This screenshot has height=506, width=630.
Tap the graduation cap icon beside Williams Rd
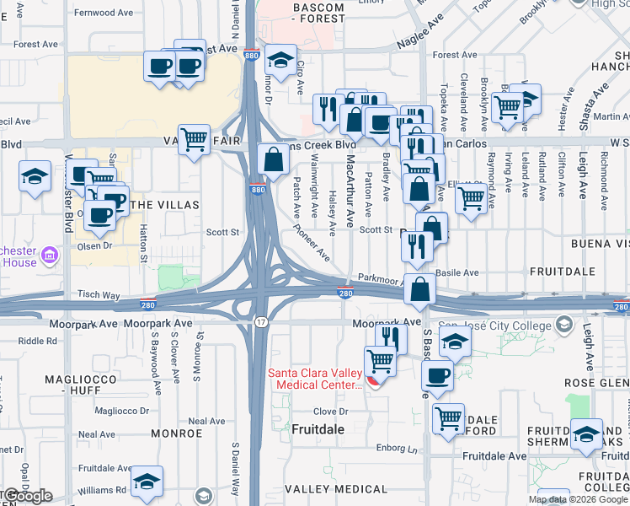[147, 481]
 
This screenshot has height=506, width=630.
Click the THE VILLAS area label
[164, 205]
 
